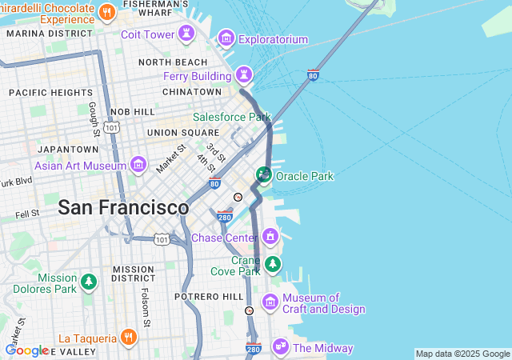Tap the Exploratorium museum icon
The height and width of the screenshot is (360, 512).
click(x=226, y=38)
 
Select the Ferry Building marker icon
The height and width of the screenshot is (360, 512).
click(x=243, y=76)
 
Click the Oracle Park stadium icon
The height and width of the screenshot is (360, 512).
click(x=263, y=174)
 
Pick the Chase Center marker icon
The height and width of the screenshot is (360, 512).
click(x=270, y=237)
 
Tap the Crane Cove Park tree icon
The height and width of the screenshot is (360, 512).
click(x=273, y=263)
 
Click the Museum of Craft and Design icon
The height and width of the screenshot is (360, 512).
click(x=270, y=302)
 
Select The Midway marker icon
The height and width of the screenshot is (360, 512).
click(x=280, y=346)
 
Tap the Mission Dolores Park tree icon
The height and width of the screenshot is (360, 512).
click(x=88, y=282)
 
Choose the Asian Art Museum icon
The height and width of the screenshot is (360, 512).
click(x=138, y=166)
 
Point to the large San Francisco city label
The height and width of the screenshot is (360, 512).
click(x=123, y=207)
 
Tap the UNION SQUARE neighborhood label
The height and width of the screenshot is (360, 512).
click(x=182, y=132)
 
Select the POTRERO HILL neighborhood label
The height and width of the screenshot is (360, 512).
click(x=209, y=296)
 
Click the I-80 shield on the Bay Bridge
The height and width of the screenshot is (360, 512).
click(x=313, y=76)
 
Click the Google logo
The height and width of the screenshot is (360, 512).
click(x=26, y=350)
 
